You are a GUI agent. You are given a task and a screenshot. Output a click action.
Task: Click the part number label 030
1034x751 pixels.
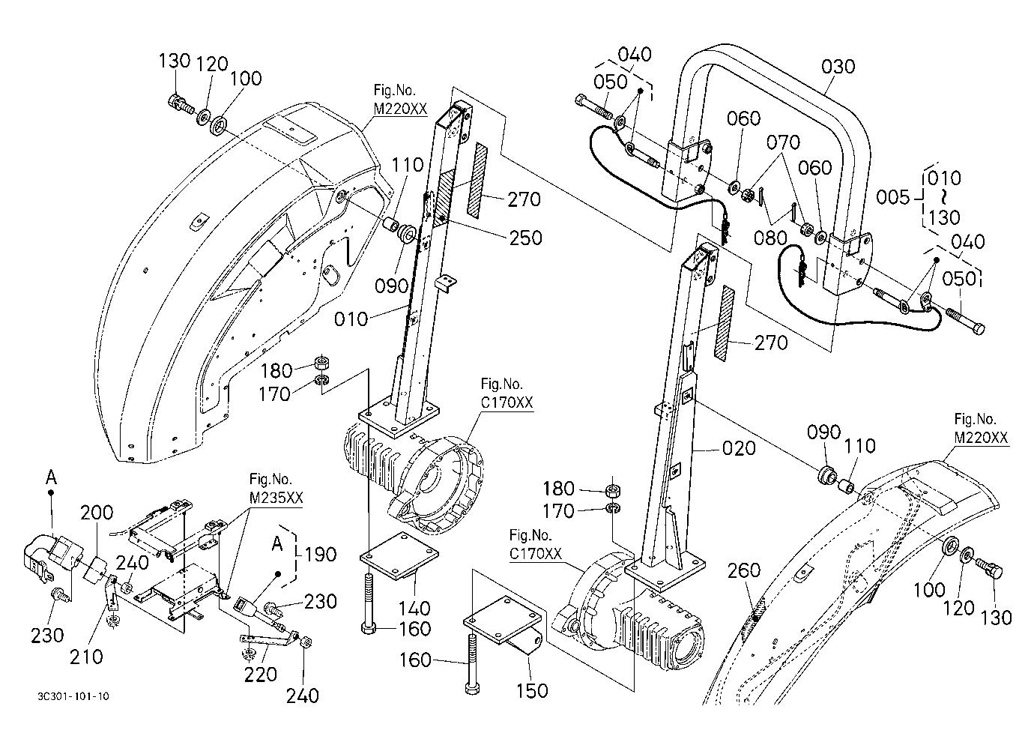838,67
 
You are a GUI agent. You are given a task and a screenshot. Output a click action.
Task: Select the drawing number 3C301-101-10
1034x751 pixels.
73,696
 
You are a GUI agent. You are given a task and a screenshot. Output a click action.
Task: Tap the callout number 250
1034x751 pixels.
526,238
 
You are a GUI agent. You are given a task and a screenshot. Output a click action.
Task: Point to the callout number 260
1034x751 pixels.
743,571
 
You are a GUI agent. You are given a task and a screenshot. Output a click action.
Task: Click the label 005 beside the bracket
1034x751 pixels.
892,197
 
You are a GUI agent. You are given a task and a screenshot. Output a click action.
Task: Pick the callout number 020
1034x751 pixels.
739,448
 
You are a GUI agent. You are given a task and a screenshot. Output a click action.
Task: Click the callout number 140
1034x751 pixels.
414,609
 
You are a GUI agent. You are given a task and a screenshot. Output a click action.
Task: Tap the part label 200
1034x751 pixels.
97,512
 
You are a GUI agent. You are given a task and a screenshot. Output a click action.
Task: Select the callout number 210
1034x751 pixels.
86,657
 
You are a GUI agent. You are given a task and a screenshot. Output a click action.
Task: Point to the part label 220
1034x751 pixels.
260,675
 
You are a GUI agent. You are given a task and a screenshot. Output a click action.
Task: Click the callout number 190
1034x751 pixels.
321,554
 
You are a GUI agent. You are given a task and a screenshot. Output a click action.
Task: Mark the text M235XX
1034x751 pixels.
276,498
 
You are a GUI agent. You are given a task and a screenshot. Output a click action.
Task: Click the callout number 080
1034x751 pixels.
770,238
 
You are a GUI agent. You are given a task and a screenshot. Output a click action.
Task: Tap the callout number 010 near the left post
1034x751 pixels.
351,319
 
